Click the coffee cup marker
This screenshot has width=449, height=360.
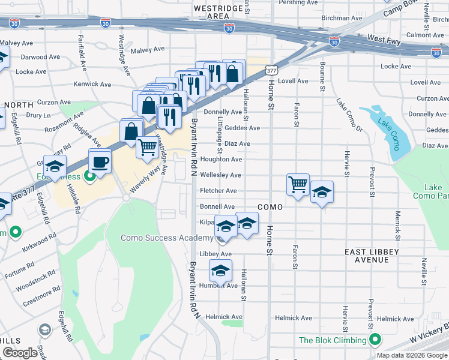point(100,161)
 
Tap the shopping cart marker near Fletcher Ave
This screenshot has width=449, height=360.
point(298,184)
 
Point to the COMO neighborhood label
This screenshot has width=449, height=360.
point(270,206)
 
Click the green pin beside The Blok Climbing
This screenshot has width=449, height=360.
point(375,340)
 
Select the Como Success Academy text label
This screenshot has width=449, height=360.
point(166,238)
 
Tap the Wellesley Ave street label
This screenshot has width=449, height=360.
point(220,175)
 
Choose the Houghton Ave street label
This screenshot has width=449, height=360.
point(221,160)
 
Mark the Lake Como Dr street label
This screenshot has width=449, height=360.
point(349,115)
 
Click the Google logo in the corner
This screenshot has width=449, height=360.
point(20,353)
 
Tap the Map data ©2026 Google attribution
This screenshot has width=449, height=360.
point(412,355)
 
